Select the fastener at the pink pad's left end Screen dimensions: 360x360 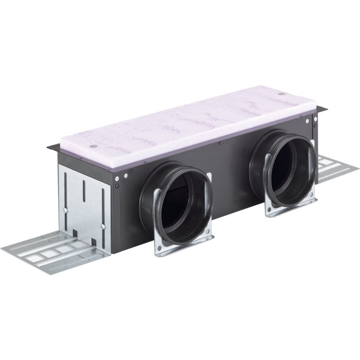(x=93, y=147)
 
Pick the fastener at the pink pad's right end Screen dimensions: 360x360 (x=281, y=94)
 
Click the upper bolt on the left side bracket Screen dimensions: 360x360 (x=66, y=210)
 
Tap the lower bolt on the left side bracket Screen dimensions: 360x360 (x=103, y=226)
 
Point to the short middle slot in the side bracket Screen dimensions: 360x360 (x=84, y=188)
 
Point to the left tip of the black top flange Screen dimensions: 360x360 (x=48, y=147)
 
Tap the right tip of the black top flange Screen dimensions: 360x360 (x=327, y=109)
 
